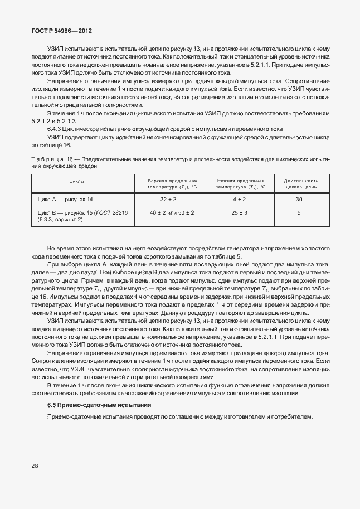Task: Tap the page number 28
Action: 35,480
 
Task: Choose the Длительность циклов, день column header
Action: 301,184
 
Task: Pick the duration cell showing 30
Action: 299,200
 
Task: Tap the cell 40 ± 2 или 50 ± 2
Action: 172,213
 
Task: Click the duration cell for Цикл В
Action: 299,213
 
